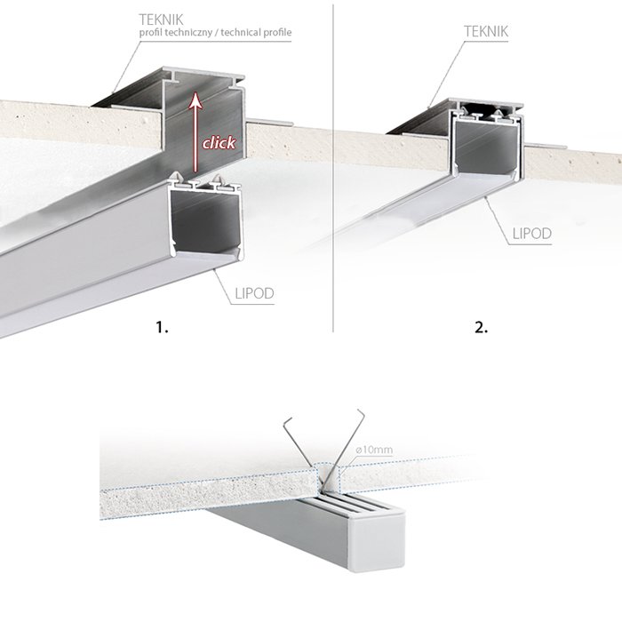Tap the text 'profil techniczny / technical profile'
(x=214, y=32)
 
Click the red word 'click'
(x=219, y=142)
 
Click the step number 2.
(x=481, y=327)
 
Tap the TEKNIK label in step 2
(x=486, y=30)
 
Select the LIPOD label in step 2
(x=532, y=235)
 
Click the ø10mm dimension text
(x=373, y=451)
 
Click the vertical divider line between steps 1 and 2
(x=331, y=178)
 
